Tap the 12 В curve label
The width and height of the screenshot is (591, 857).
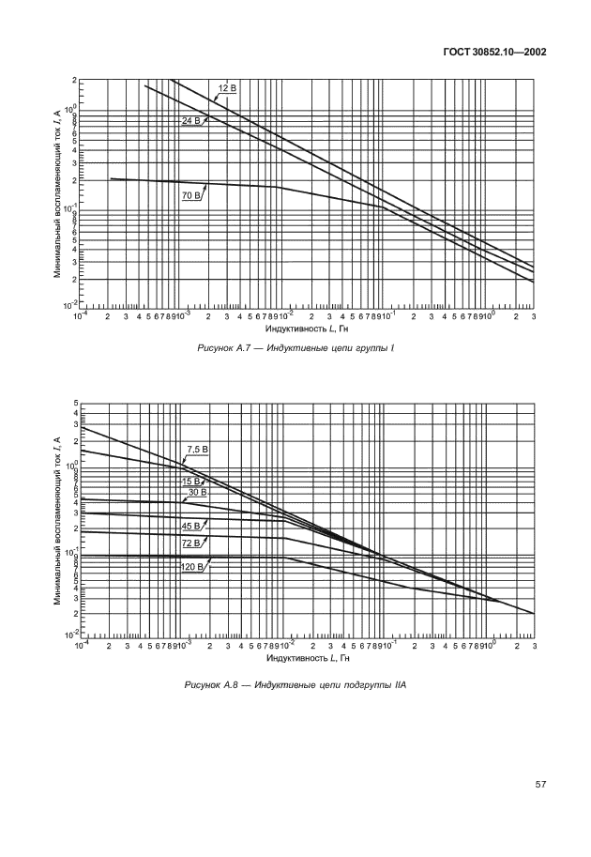(x=227, y=88)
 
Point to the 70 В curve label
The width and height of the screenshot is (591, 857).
(x=191, y=195)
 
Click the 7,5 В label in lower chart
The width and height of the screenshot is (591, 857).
(x=196, y=450)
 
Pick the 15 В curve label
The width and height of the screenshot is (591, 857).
(x=192, y=481)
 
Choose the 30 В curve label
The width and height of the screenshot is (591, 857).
(x=197, y=493)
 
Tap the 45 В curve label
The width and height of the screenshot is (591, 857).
(x=191, y=526)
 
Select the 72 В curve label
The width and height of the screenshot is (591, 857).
(x=191, y=544)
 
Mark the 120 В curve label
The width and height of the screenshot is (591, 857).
(x=193, y=566)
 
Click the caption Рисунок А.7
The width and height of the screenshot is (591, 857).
(x=227, y=347)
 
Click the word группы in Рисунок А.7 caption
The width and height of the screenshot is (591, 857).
(x=366, y=347)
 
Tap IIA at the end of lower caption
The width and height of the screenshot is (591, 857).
(x=399, y=685)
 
